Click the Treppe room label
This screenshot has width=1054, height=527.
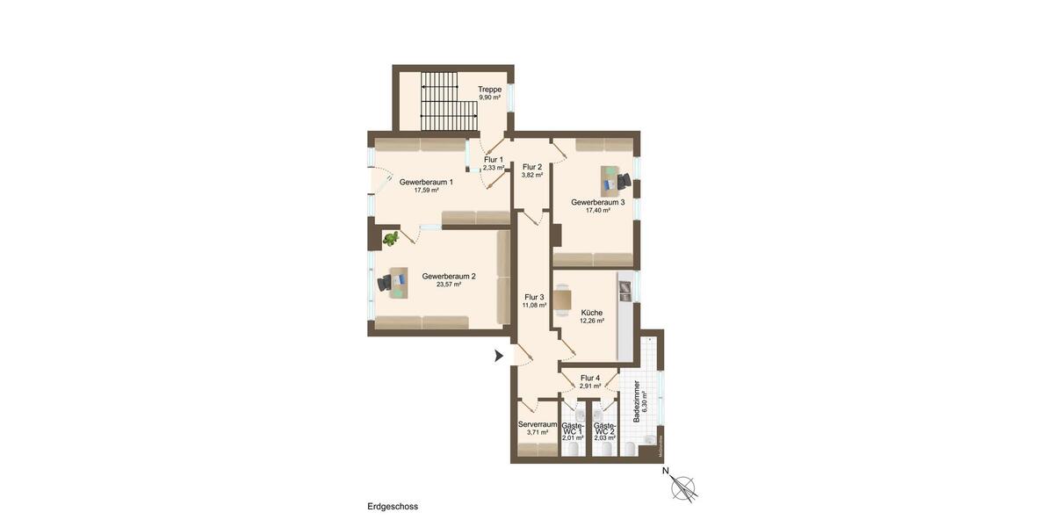[490, 90]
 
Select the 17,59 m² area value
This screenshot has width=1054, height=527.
[426, 191]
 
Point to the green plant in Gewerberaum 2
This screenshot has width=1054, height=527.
[390, 238]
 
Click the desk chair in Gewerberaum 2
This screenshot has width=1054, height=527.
[385, 283]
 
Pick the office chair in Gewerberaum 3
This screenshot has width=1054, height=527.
[624, 181]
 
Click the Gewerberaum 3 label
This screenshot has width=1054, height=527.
[598, 202]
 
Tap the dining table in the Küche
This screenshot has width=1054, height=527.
[563, 300]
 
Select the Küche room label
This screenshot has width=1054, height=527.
[592, 313]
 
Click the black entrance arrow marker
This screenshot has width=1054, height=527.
[499, 356]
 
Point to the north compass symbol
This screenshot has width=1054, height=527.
[683, 487]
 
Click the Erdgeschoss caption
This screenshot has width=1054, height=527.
[393, 507]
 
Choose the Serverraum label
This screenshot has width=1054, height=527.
[538, 424]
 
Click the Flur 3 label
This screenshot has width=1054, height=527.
[535, 297]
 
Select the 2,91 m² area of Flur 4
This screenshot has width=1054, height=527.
[590, 386]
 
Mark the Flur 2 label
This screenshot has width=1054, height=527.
[532, 167]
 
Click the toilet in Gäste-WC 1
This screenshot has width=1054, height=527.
[574, 448]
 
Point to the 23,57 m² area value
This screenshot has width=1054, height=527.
[449, 285]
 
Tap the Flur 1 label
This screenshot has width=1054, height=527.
[494, 160]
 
